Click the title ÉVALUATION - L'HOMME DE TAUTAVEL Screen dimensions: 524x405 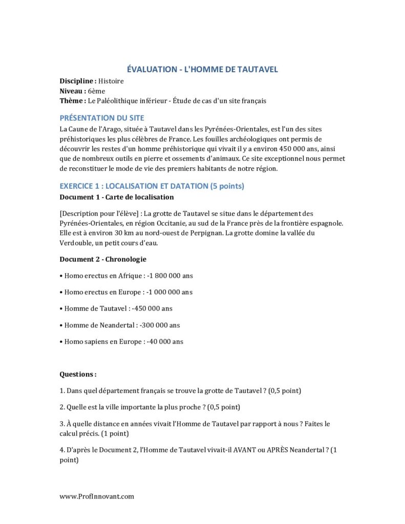[x=202, y=70]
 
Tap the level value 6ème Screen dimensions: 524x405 [x=96, y=91]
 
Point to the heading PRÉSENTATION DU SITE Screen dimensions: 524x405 [x=102, y=118]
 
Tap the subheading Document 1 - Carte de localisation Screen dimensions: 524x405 [x=117, y=197]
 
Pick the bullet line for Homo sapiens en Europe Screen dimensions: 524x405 [x=121, y=341]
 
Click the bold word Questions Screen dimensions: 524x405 [x=78, y=375]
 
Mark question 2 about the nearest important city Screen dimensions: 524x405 [x=150, y=407]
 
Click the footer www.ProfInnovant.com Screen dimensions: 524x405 [x=97, y=496]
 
